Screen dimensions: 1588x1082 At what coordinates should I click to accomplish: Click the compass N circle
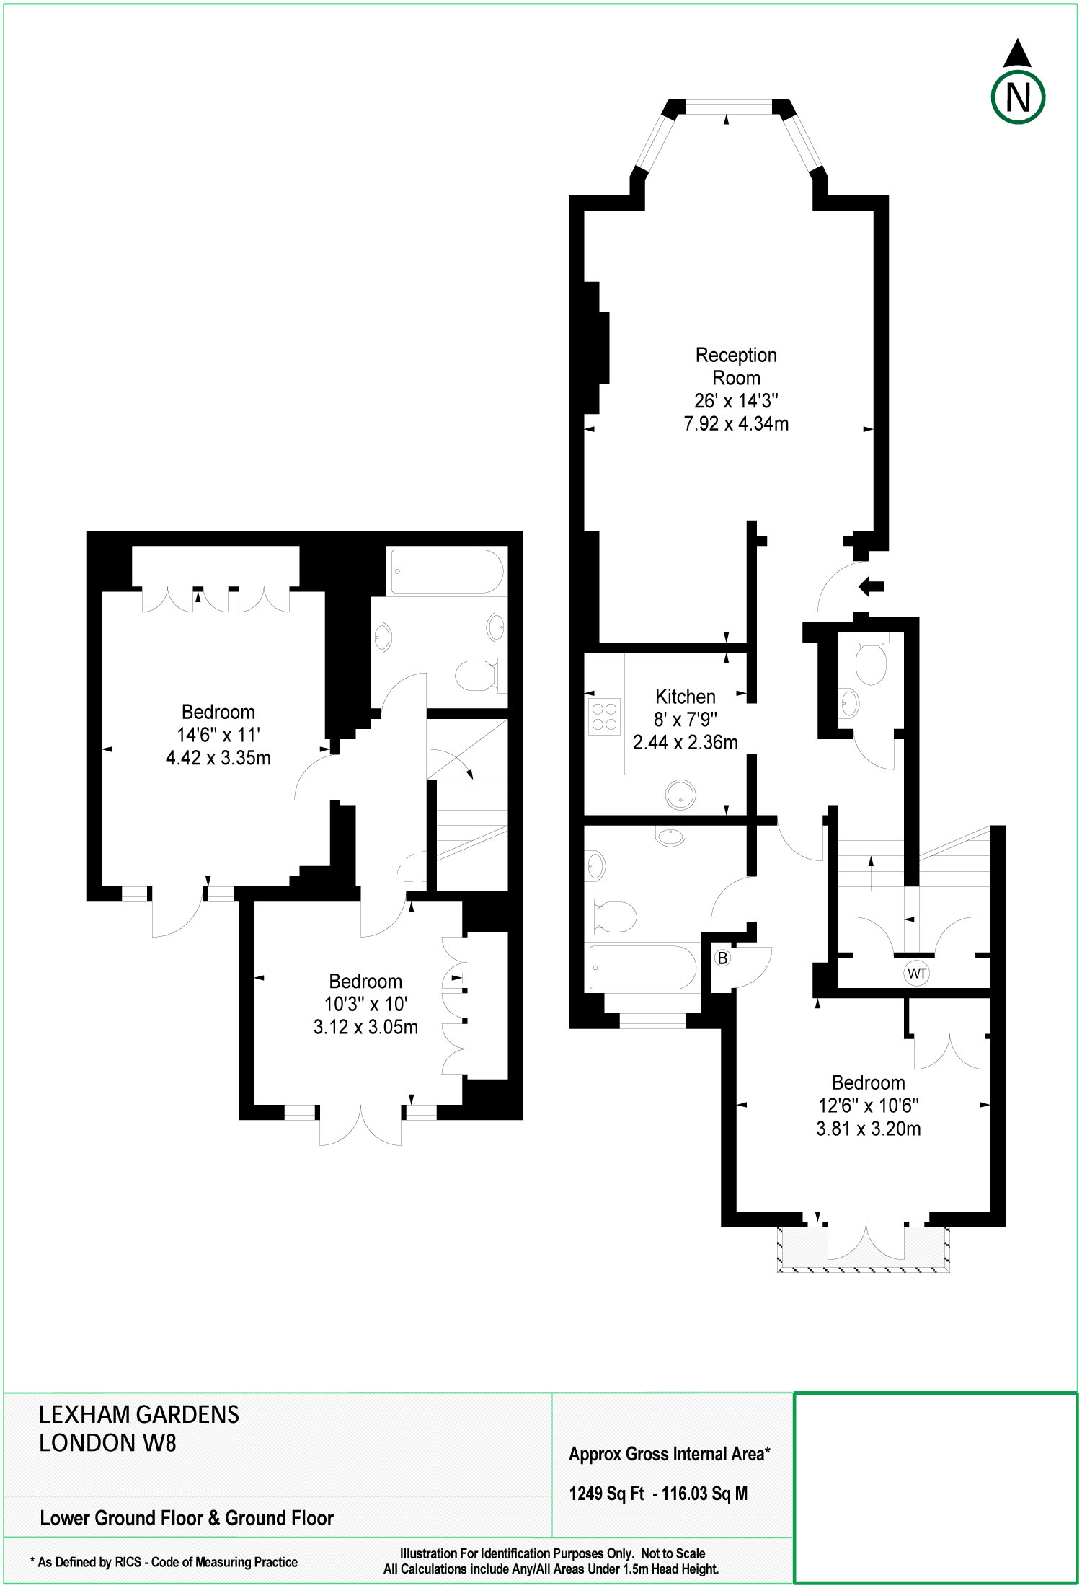[x=1017, y=97]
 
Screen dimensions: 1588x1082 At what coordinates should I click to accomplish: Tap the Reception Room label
[x=736, y=366]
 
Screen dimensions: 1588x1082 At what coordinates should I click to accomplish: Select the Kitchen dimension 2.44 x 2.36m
[x=685, y=742]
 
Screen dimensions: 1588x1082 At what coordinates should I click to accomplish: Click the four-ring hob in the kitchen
[x=604, y=716]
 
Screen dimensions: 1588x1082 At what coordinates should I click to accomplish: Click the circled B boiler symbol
[x=722, y=958]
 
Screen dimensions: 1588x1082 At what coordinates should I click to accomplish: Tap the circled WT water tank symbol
[x=916, y=973]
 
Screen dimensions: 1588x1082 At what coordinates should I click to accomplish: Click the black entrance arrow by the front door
[x=872, y=586]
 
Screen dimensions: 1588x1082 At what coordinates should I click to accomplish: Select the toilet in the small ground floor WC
[x=870, y=661]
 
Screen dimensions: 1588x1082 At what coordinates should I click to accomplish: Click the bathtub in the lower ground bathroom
[x=447, y=572]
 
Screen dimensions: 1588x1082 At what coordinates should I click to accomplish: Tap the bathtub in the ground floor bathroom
[x=642, y=967]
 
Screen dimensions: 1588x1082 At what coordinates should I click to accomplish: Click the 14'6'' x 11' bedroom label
[x=218, y=735]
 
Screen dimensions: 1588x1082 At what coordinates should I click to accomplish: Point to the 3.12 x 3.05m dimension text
[x=365, y=1027]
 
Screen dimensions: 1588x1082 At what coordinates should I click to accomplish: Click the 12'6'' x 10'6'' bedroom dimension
[x=868, y=1106]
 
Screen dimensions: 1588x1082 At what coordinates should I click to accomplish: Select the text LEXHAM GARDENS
[x=138, y=1415]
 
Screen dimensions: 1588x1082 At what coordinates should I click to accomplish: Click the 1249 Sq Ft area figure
[x=606, y=1494]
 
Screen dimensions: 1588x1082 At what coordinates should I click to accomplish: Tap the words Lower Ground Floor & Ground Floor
[x=187, y=1518]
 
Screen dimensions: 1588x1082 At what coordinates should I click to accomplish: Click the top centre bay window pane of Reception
[x=727, y=107]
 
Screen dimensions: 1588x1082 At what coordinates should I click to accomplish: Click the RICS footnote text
[x=164, y=1562]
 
